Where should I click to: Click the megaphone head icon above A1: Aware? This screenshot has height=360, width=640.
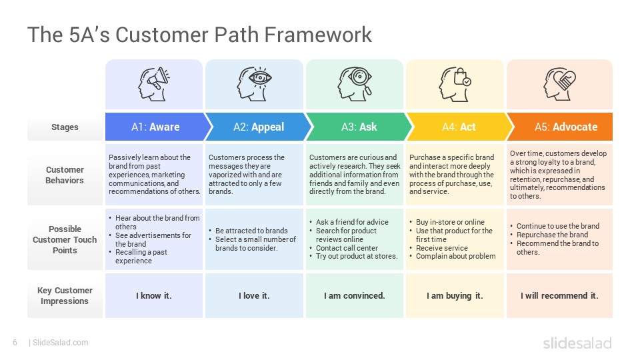[x=153, y=84]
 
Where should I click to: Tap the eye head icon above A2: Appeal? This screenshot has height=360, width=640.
[x=254, y=84]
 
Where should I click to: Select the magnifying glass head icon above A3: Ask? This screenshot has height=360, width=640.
[x=354, y=84]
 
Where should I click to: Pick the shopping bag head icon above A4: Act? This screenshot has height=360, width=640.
[x=455, y=84]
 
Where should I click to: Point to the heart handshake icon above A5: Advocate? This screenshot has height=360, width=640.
[x=559, y=84]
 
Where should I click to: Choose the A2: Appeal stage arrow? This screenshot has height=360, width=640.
[x=258, y=127]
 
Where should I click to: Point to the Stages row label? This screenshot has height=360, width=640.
[x=65, y=127]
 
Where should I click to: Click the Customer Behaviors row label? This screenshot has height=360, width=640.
[x=65, y=175]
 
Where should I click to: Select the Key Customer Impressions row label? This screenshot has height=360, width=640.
[x=65, y=295]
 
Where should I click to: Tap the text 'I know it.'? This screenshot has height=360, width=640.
[x=154, y=295]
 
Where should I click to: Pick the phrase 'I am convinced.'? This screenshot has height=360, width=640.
[x=354, y=295]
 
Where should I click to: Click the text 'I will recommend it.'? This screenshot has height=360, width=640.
[x=559, y=295]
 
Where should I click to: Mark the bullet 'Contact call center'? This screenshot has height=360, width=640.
[x=347, y=248]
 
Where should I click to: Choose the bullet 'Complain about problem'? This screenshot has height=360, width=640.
[x=455, y=256]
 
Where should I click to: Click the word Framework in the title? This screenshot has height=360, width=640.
[x=318, y=34]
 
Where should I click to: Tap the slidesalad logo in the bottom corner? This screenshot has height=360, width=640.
[x=577, y=343]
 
